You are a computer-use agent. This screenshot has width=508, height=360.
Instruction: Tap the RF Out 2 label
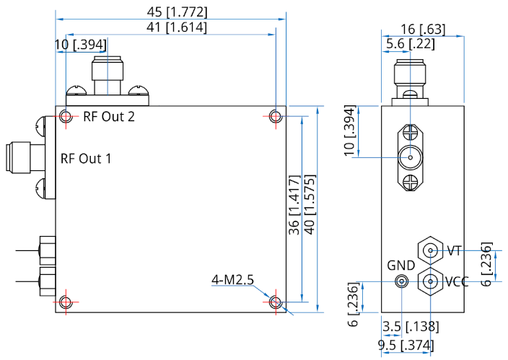pos(108,117)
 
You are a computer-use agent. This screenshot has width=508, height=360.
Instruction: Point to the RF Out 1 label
pos(86,158)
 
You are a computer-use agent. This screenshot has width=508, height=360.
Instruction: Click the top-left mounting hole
pos(66,116)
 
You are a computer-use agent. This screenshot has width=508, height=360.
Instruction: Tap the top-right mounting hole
pos(275,116)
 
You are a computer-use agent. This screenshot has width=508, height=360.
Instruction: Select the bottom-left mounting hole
pos(66,302)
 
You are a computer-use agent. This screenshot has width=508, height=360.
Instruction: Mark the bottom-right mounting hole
pos(275,302)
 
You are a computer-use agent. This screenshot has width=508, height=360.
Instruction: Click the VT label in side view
pos(454,251)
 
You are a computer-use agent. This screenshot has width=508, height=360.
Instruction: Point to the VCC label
pos(457,281)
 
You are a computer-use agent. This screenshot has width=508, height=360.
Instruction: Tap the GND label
pos(400,265)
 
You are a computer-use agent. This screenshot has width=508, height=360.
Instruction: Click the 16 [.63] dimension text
pos(422,29)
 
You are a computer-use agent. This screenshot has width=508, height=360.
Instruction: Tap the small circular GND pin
pos(402,281)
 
